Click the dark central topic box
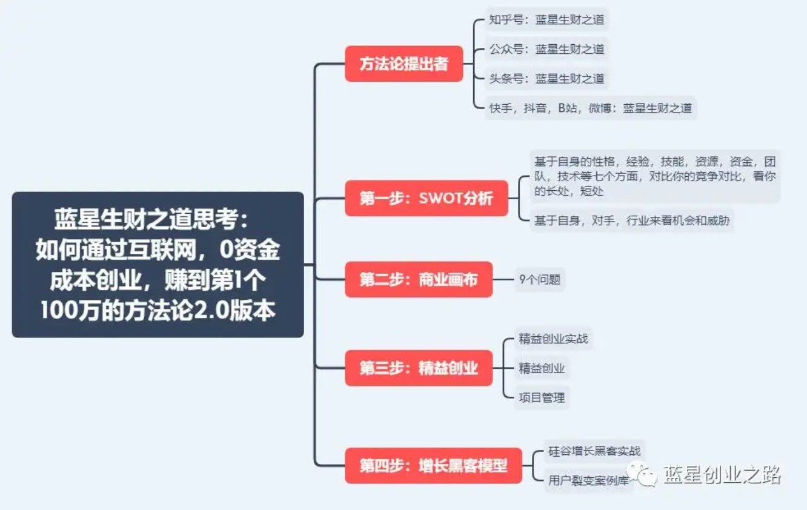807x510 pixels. point(158,265)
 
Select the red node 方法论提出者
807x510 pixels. point(403,64)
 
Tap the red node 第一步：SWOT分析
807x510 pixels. point(426,198)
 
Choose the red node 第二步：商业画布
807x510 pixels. point(418,280)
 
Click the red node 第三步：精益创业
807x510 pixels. point(418,368)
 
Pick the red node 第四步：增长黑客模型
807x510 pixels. point(433,466)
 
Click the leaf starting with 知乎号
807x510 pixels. point(546,19)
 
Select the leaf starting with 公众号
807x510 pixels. point(546,48)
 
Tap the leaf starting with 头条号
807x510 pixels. point(546,78)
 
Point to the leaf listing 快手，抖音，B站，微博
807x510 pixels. point(590,108)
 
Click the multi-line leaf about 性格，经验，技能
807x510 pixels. point(654,176)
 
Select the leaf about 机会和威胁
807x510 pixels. point(631,221)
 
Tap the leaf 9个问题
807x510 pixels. point(539,280)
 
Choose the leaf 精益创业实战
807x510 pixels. point(553,339)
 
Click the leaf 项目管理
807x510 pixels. point(542,397)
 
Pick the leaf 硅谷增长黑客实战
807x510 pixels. point(594,451)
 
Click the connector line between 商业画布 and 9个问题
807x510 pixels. point(503,280)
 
